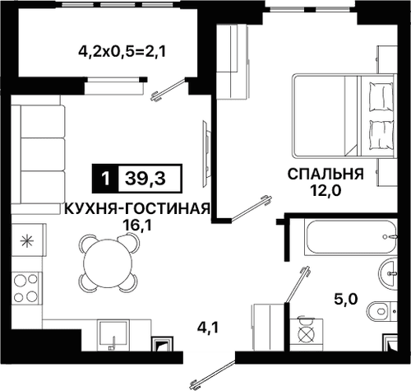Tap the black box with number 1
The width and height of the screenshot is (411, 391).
tap(105, 177)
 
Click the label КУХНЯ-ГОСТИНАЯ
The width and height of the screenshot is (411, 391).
tap(137, 208)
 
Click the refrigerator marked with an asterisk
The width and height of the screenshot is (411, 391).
tap(26, 241)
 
